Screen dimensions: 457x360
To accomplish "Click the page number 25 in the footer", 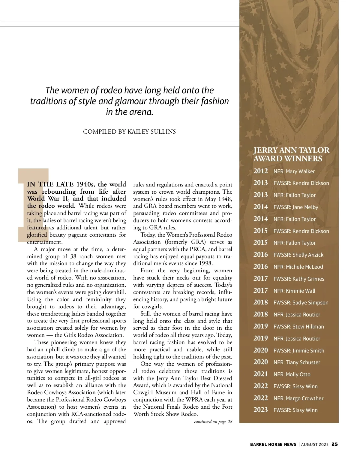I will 335,444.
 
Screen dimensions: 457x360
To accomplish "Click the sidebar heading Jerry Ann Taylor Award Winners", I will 291,154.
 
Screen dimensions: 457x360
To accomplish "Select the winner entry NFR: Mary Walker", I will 294,171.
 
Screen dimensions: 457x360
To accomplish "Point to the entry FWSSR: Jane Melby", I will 296,207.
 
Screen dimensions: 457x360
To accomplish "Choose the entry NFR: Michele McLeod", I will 298,267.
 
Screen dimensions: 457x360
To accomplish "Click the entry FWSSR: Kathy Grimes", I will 299,279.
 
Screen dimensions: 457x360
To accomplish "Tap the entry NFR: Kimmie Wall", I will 294,291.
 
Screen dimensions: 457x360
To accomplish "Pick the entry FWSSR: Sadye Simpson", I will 301,303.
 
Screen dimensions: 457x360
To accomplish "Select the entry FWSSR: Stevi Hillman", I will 299,327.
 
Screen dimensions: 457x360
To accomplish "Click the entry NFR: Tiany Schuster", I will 297,362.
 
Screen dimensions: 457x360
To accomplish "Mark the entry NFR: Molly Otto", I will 292,374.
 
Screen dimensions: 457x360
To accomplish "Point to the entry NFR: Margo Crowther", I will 298,398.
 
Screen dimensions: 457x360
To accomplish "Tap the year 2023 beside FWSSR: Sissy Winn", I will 260,410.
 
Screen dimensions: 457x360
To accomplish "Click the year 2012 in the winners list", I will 260,171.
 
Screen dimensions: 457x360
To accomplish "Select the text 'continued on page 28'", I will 213,422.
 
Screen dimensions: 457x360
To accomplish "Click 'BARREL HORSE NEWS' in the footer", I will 273,444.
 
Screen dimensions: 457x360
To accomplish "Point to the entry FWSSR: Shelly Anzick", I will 298,255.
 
